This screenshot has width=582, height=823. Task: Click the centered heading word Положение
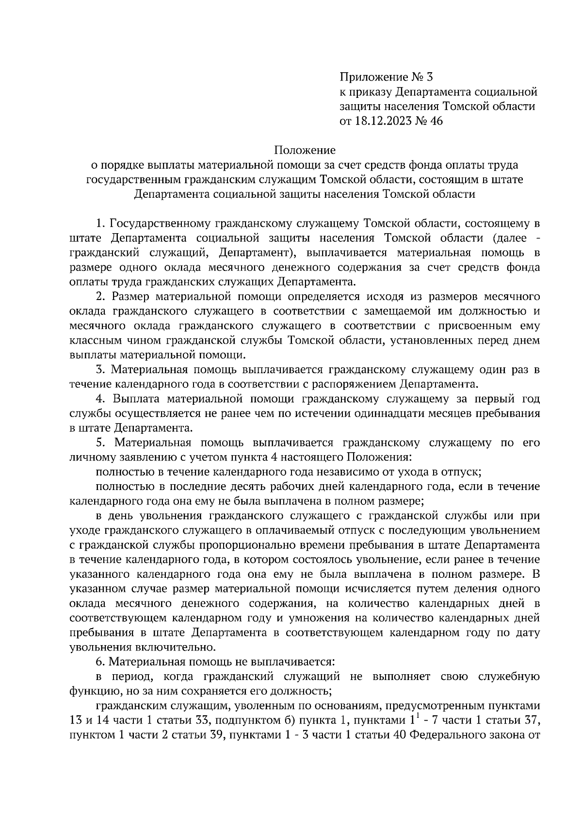(x=305, y=150)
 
